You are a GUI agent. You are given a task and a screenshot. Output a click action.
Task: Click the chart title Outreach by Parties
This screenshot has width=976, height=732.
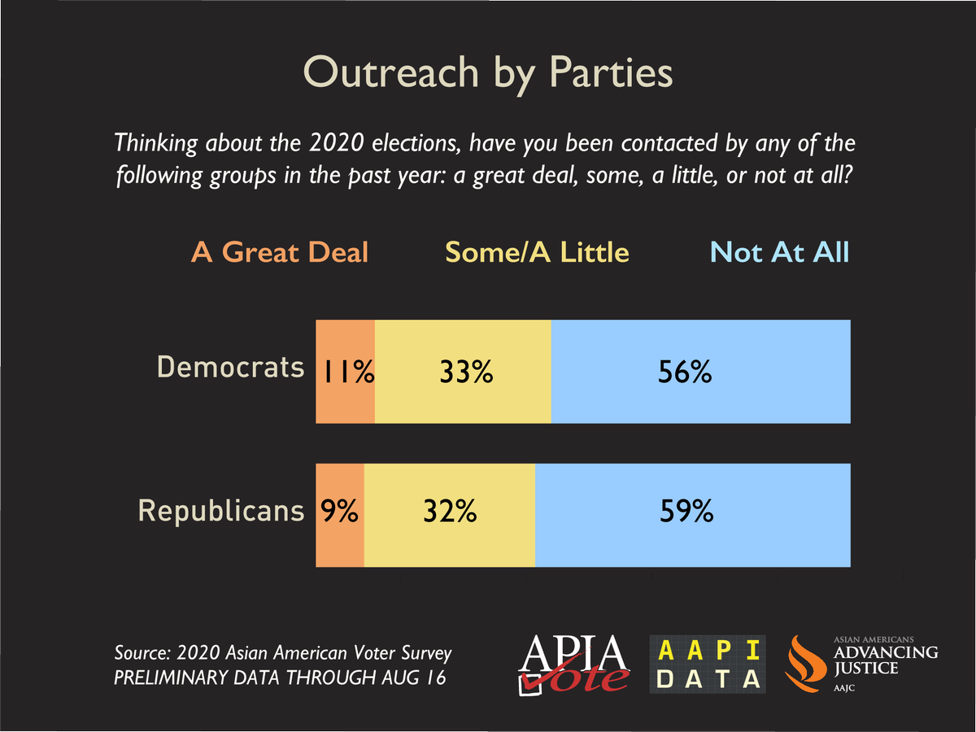pos(488,72)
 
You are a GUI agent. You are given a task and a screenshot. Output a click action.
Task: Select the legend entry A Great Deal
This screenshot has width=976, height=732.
pos(280,252)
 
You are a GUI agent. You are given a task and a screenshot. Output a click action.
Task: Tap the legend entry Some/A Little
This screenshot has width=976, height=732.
pos(537,252)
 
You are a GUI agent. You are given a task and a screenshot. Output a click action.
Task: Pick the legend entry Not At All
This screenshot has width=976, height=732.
pos(779,252)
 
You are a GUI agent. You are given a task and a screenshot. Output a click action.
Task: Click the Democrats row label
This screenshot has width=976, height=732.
pos(230,368)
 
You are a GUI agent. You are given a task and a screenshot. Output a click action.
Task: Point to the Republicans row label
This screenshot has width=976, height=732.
pos(221,511)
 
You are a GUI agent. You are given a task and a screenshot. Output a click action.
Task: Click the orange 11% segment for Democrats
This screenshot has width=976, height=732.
pos(345,372)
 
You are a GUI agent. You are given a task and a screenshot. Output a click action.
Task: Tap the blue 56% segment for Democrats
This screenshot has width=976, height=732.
pos(700,372)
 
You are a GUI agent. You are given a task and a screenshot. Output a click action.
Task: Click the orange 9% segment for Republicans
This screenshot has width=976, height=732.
pos(339,514)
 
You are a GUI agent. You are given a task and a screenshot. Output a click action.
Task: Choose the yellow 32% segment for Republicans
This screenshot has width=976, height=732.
pos(449,514)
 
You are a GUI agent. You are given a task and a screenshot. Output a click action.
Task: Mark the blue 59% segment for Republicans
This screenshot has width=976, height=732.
pos(692,514)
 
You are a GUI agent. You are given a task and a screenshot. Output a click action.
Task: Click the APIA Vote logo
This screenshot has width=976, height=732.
pos(574,663)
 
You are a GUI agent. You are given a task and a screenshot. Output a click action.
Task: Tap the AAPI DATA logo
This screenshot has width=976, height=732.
pos(708,664)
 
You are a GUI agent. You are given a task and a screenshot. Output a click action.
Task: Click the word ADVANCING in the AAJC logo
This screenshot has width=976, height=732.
pos(886,652)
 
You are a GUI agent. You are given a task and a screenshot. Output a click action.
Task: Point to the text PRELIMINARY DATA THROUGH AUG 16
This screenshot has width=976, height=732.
pos(280,678)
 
